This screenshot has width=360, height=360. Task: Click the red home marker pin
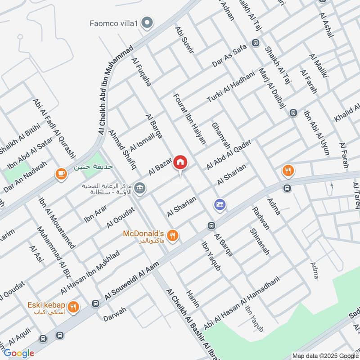coord(180,162)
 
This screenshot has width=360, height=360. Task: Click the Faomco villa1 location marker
coord(147,22)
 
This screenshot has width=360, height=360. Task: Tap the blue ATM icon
coord(220,205)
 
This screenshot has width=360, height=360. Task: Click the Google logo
coord(19,353)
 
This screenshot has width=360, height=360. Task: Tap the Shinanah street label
coord(260,242)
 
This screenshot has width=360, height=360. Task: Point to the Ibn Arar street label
coord(95,215)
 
